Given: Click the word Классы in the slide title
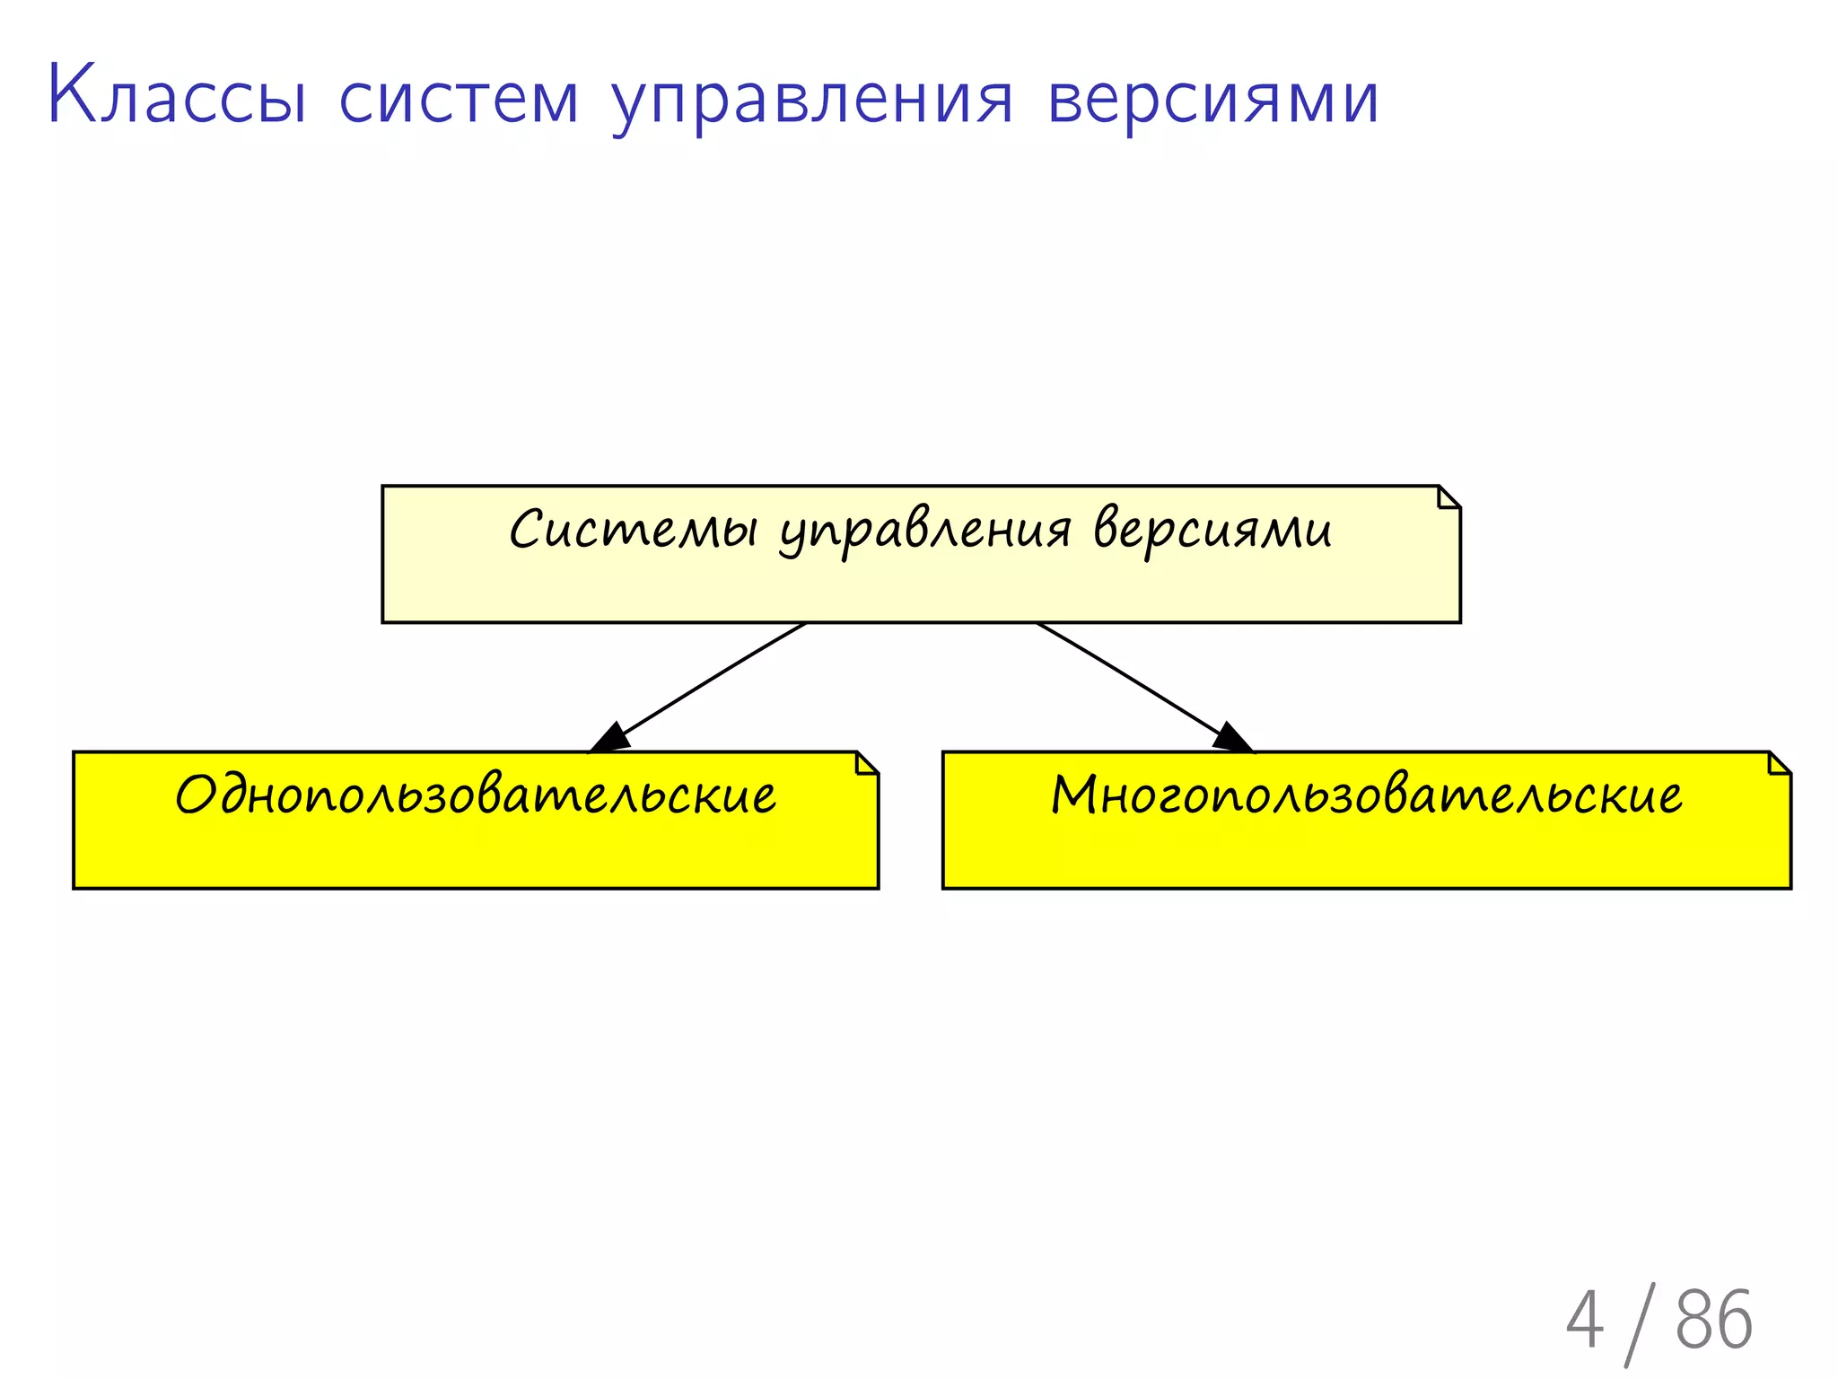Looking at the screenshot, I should [x=178, y=95].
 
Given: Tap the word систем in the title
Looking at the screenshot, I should [x=459, y=99].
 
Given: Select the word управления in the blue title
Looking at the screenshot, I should [x=812, y=101].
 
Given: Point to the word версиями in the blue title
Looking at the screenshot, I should [x=1212, y=99].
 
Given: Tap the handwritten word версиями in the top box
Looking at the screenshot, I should [x=1212, y=530].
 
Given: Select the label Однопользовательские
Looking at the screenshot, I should [x=476, y=795].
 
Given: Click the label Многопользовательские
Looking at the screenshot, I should [x=1366, y=795].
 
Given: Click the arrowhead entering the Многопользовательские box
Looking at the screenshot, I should [x=1231, y=738].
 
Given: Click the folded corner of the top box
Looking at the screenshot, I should [x=1449, y=497].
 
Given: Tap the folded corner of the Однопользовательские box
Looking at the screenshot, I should [x=867, y=763].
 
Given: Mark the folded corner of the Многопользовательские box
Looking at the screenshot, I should [x=1779, y=763].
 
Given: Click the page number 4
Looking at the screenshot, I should [x=1584, y=1319].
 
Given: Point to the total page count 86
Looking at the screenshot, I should [x=1713, y=1319].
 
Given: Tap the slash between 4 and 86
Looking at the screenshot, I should [x=1641, y=1323].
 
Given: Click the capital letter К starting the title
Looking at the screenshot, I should [x=71, y=95].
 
